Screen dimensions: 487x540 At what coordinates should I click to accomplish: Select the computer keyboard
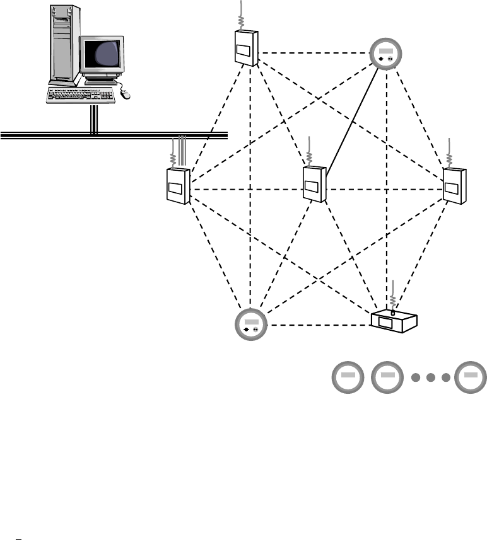point(82,95)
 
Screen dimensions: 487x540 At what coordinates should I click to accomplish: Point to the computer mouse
point(125,94)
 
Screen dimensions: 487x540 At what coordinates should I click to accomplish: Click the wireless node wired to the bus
point(177,185)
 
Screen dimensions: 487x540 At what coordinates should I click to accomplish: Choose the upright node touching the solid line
point(314,184)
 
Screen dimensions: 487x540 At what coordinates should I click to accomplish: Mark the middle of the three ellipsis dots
point(431,378)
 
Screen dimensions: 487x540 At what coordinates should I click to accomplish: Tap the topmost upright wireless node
point(245,47)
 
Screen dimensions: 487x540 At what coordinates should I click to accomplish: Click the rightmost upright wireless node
point(454,184)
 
